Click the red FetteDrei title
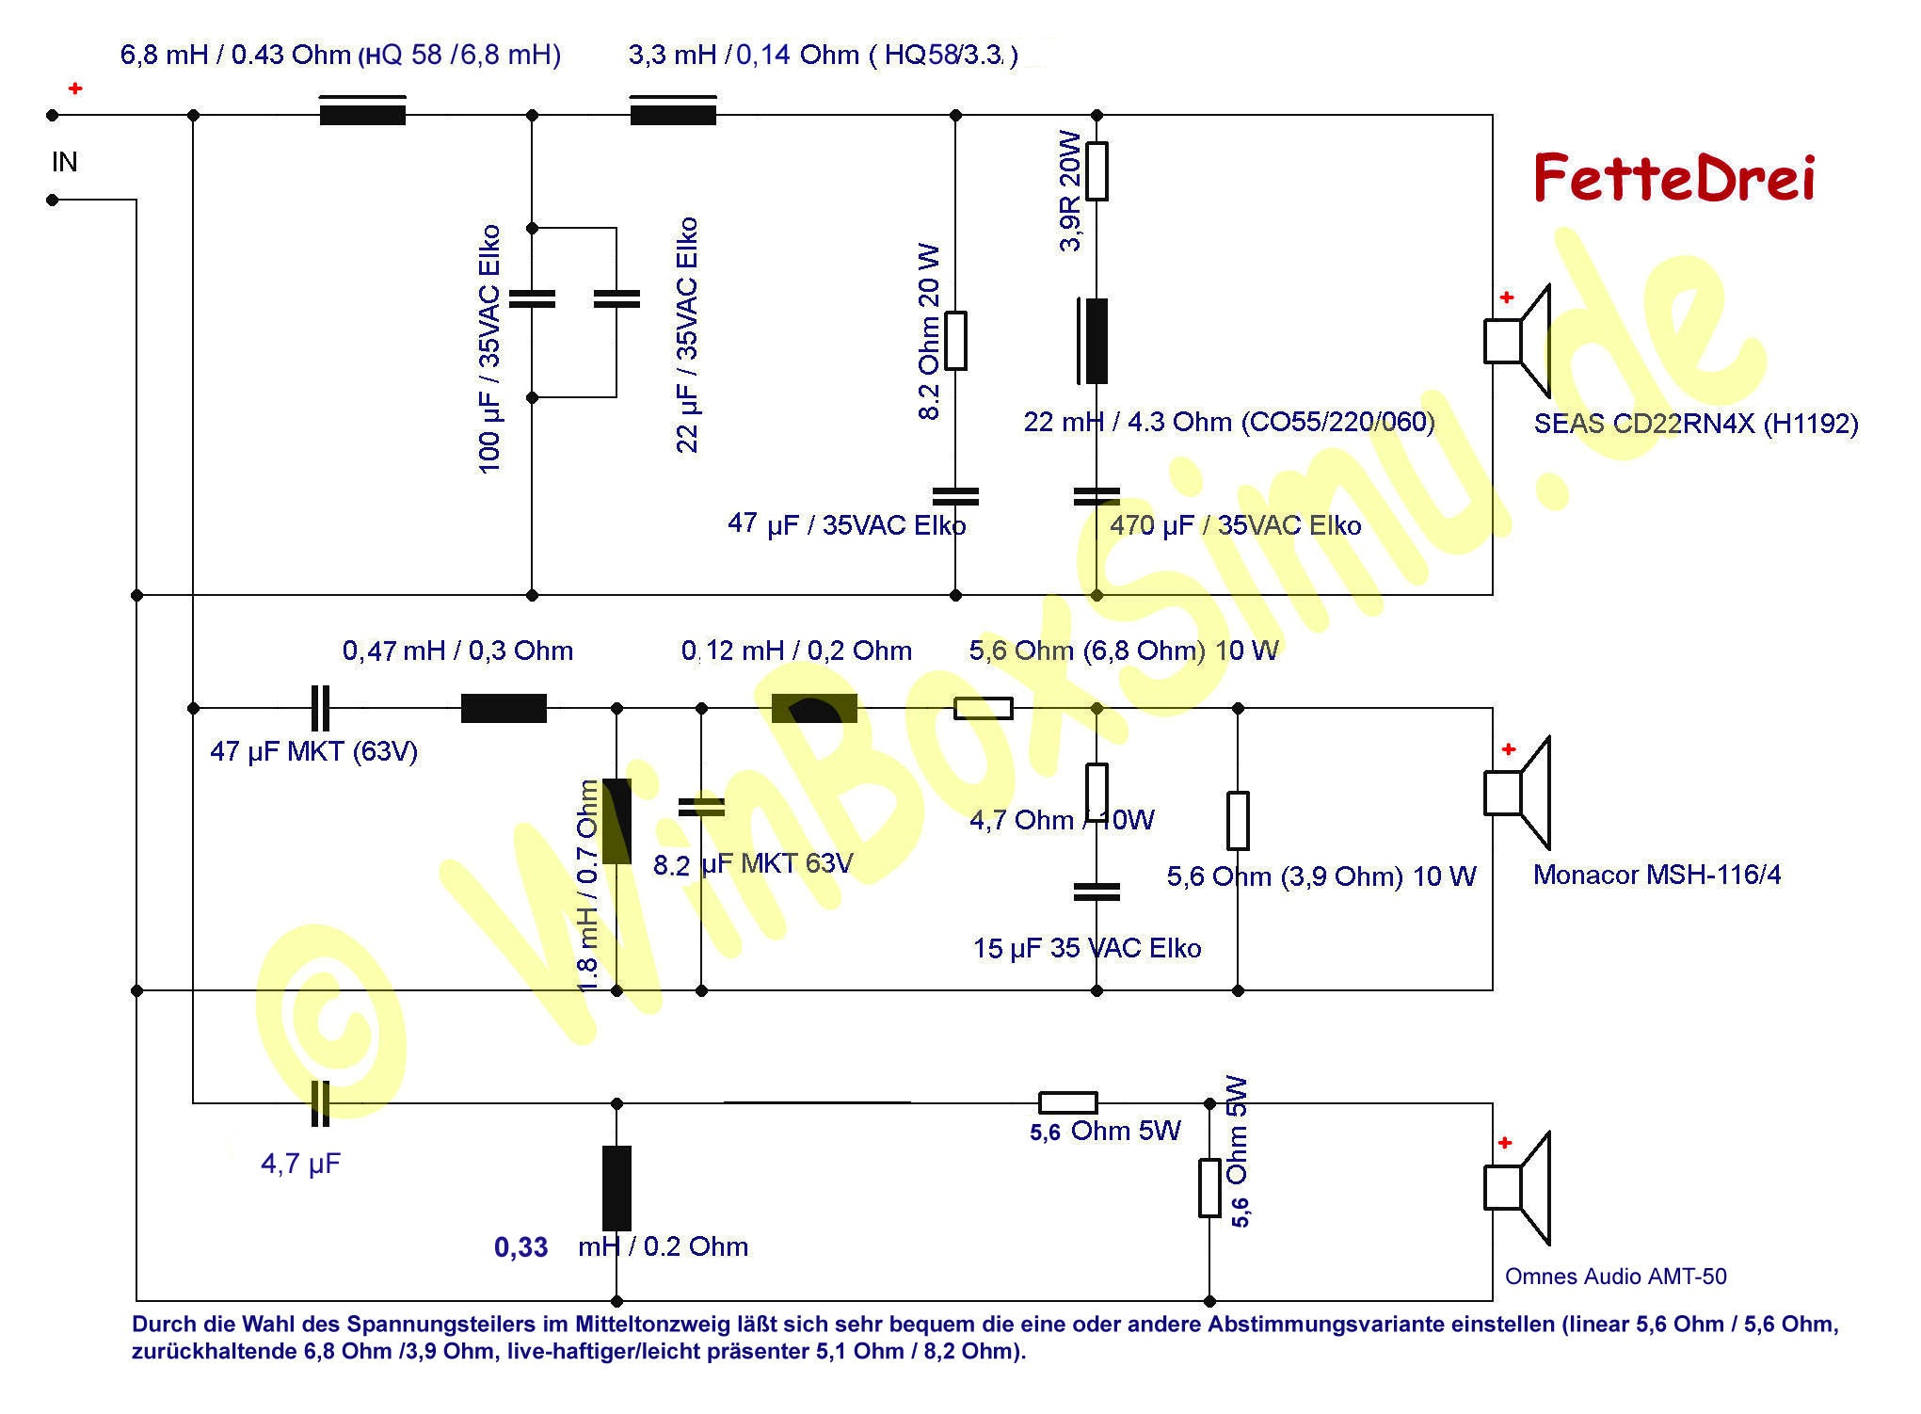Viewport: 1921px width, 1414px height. point(1673,178)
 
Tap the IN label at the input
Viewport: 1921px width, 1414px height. point(64,162)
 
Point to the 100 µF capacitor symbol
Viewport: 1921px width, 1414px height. point(532,299)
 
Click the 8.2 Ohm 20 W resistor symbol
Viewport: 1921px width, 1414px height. point(955,341)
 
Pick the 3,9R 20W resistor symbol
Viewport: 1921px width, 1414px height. point(1097,171)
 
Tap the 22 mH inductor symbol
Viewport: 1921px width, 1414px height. point(1093,341)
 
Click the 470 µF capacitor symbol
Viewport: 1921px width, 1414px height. point(1097,496)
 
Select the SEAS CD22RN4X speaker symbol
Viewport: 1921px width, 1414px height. point(1517,341)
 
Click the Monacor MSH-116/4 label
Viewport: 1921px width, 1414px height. point(1657,875)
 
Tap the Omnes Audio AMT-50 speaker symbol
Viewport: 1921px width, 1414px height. point(1517,1188)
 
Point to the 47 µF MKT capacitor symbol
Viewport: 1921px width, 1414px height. point(320,708)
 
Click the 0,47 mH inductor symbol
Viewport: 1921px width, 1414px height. point(504,708)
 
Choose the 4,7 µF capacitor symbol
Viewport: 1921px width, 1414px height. point(320,1103)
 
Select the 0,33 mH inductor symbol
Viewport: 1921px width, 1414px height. point(616,1188)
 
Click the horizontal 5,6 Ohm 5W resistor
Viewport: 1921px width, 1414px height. point(1068,1103)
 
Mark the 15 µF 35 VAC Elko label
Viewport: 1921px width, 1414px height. point(1087,948)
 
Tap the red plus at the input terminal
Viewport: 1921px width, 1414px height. point(75,88)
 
